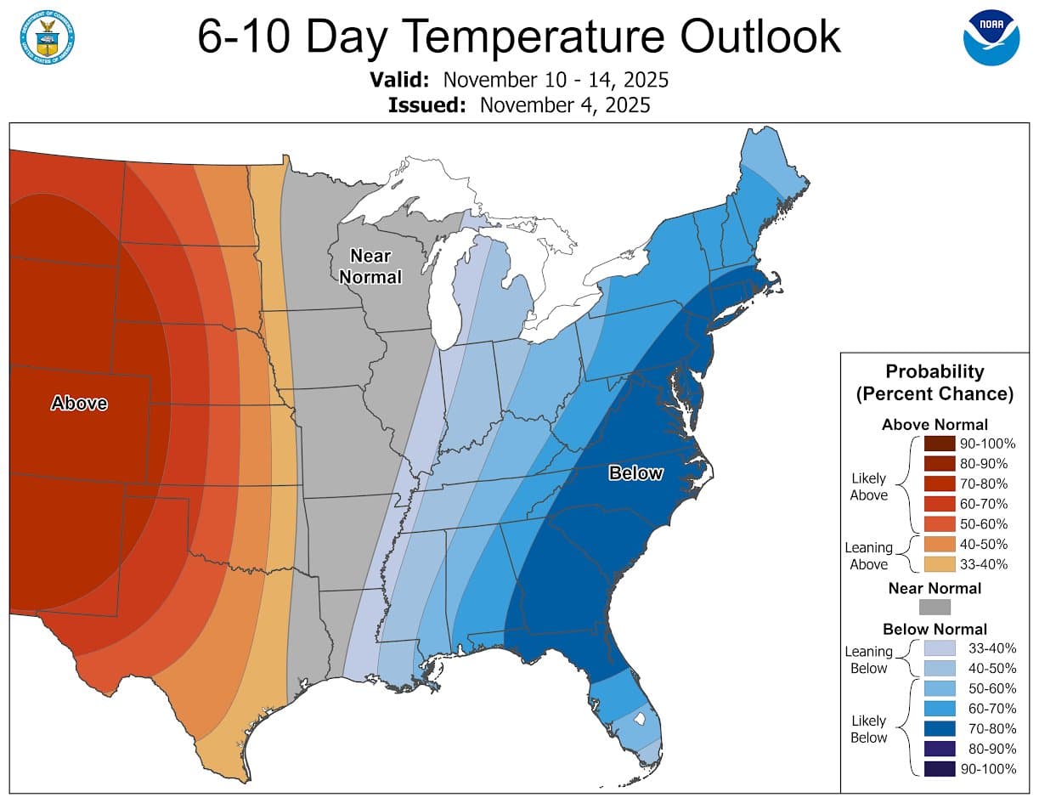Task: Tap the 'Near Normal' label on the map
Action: tap(370, 266)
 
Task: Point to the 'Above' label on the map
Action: tap(79, 403)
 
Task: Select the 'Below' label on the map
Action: tap(635, 473)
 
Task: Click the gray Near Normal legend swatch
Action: tap(935, 607)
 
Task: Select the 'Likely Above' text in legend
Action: tap(868, 487)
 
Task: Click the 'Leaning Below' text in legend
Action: tap(868, 659)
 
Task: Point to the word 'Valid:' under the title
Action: tap(400, 81)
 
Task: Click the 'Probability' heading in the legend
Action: tap(935, 371)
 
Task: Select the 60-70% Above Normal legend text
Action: tap(984, 504)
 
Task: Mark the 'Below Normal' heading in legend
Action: tap(935, 630)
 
